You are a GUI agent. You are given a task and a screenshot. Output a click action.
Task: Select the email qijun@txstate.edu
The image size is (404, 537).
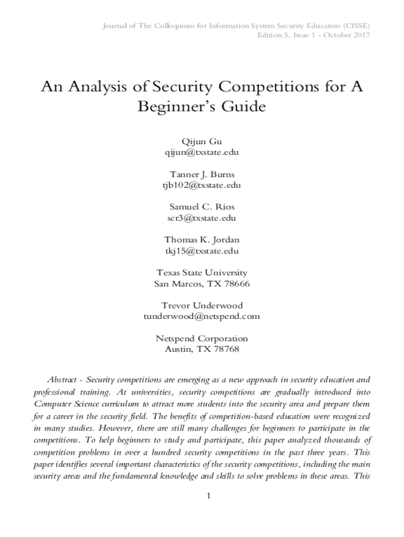tap(202, 152)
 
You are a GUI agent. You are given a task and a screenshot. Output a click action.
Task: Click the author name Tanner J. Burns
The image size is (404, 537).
tap(202, 174)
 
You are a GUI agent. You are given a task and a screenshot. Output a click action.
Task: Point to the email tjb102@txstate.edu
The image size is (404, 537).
tap(202, 185)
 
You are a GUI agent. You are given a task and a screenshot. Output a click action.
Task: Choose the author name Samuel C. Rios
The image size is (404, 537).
tap(202, 207)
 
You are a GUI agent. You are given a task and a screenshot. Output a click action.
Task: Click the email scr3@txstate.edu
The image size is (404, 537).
tap(202, 218)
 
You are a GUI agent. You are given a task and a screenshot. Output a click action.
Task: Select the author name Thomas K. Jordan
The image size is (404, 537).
tap(202, 240)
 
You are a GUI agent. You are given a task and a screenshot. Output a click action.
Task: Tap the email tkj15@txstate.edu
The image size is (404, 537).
tap(202, 251)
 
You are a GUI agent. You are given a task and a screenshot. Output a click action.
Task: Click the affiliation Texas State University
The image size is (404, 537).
tap(202, 273)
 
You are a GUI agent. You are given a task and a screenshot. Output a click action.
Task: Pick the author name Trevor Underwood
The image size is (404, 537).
tap(202, 305)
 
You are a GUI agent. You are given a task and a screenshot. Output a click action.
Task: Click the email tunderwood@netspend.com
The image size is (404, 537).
tap(202, 316)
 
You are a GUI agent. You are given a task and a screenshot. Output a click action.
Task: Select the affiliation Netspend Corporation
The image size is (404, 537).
tap(202, 338)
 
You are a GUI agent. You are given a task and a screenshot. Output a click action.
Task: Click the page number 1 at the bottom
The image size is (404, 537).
tap(208, 497)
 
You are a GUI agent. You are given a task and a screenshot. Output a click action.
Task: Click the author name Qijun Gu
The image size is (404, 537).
tap(202, 142)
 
